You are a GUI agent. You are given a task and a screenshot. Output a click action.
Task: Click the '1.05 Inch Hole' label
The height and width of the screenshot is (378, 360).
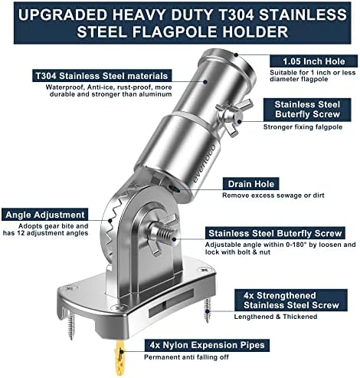[313, 61]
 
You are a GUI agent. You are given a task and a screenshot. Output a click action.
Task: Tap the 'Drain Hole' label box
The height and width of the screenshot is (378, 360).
[250, 184]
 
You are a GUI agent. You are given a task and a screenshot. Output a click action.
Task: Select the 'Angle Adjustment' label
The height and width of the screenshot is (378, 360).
[45, 215]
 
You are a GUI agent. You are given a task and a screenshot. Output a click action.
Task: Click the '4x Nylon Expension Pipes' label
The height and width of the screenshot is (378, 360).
[207, 345]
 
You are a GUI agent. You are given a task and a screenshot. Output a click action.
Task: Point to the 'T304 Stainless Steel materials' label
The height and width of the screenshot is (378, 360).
[102, 76]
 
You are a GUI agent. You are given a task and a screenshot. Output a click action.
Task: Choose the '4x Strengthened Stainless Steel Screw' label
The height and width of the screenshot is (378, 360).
[291, 300]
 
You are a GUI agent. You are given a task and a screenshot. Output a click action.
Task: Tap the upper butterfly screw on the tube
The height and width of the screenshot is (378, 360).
[233, 117]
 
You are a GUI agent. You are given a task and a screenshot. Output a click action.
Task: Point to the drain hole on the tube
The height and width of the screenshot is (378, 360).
[175, 189]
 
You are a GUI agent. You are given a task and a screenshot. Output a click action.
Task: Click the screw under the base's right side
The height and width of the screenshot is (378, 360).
[208, 310]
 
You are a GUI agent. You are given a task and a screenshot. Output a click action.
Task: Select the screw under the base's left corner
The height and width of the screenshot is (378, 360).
[71, 325]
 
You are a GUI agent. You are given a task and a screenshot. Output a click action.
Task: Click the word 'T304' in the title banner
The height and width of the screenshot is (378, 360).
[234, 15]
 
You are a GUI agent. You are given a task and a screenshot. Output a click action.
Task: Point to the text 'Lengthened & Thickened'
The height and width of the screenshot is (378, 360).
[276, 317]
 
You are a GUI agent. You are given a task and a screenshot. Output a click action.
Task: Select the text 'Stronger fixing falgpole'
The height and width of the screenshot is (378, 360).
[303, 127]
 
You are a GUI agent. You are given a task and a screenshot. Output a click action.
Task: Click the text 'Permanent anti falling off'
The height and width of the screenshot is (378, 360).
[186, 357]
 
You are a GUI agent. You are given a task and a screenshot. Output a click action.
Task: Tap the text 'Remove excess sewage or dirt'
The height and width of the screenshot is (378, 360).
[273, 196]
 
